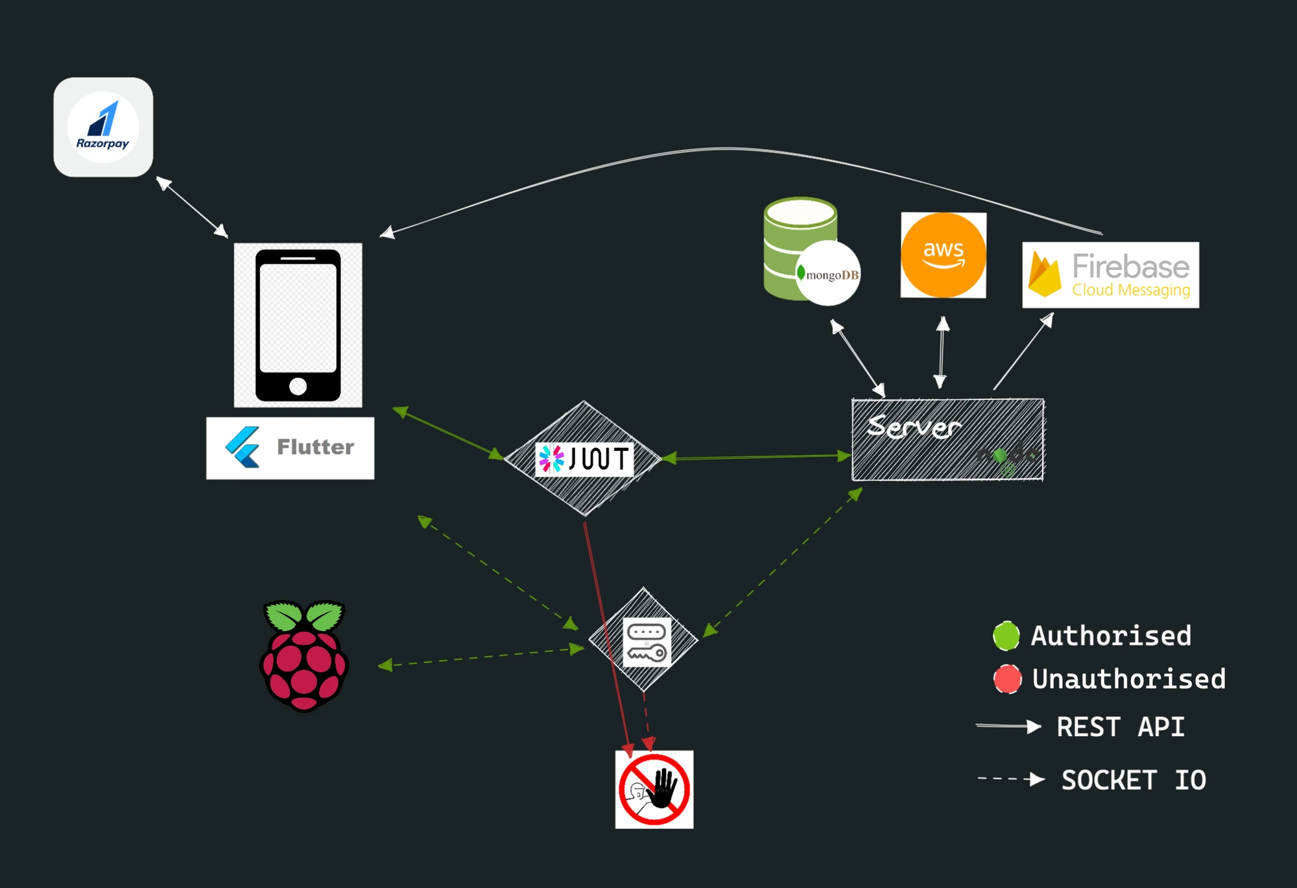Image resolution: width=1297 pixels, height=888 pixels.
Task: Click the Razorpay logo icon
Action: [103, 127]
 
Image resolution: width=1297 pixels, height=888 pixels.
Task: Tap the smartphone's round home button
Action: [298, 387]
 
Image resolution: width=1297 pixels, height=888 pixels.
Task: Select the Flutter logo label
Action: [290, 448]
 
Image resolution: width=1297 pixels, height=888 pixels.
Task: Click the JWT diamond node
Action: [583, 458]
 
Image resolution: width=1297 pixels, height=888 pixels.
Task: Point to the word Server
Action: [914, 427]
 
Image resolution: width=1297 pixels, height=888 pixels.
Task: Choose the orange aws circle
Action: [944, 255]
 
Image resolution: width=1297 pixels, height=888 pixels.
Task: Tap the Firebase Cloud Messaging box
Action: [1110, 275]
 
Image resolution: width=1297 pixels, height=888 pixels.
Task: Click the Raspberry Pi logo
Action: [304, 655]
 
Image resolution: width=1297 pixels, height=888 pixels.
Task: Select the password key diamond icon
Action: [645, 641]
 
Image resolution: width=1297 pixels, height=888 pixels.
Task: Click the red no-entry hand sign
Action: [654, 789]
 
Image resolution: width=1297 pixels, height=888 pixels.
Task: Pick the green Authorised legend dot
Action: [1006, 636]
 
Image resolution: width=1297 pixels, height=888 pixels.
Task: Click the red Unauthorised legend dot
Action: [1007, 679]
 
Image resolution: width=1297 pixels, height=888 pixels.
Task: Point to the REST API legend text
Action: [1120, 727]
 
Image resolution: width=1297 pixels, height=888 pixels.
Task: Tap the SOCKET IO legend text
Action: [1133, 780]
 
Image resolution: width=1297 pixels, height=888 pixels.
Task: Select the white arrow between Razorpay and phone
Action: [192, 207]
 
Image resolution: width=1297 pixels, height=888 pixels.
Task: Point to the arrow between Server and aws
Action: [942, 352]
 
